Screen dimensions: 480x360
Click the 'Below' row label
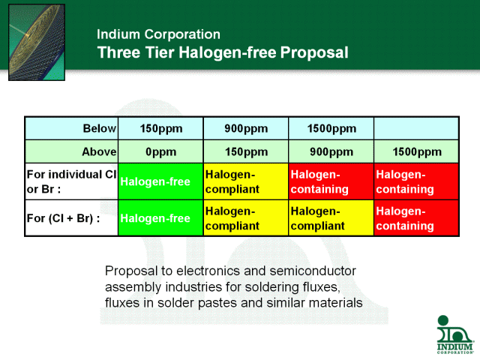pos(100,128)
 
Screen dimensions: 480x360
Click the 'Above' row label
pos(99,151)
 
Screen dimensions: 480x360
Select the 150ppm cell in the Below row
pos(160,128)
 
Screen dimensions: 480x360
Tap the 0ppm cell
pos(160,151)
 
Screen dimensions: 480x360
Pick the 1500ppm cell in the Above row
pos(417,151)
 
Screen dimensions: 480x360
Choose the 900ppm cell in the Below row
pos(246,128)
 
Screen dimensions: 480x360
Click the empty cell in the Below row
pos(416,128)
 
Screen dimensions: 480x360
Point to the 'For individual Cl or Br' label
pos(72,181)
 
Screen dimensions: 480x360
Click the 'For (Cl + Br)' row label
pos(63,218)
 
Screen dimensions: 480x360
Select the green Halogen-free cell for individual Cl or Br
pos(160,181)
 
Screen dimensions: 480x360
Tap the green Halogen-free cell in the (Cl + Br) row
pos(160,218)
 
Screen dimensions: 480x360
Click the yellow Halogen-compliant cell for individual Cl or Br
pos(246,181)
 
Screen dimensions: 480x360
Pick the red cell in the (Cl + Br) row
pos(416,218)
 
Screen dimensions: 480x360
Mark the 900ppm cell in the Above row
pos(331,151)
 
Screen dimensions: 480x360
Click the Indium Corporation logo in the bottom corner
pos(455,334)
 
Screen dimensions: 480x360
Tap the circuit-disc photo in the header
pos(37,42)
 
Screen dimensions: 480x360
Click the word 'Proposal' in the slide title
pos(314,52)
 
